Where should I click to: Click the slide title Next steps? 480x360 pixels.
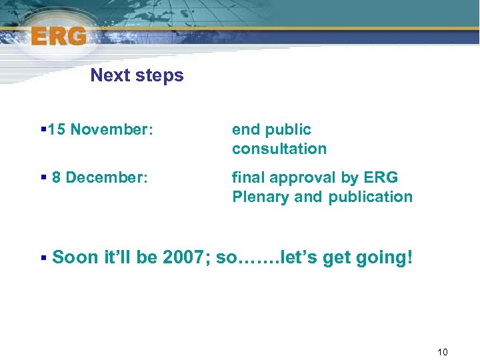pyautogui.click(x=137, y=75)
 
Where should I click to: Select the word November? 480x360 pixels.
pyautogui.click(x=111, y=129)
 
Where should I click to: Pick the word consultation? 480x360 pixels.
pyautogui.click(x=279, y=149)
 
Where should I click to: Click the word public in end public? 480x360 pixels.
pyautogui.click(x=287, y=130)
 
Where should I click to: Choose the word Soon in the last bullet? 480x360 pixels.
pyautogui.click(x=73, y=257)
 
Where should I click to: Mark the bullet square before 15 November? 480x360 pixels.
pyautogui.click(x=43, y=129)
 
